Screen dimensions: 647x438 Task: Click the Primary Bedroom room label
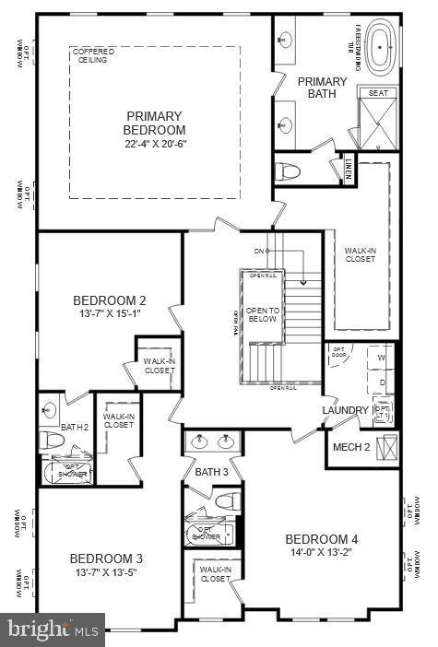155,123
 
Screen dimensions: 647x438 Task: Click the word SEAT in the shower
377,93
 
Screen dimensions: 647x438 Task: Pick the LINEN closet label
349,169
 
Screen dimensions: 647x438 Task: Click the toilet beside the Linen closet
290,171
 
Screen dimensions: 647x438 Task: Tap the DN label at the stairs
259,251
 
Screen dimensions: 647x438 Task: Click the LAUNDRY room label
344,410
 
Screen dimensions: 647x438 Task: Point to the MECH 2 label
352,447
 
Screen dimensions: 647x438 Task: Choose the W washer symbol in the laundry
381,358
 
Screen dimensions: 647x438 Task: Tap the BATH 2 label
75,427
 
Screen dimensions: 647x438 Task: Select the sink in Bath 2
50,409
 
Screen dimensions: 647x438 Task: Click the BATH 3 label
211,472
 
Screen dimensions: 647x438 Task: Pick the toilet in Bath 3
227,501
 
